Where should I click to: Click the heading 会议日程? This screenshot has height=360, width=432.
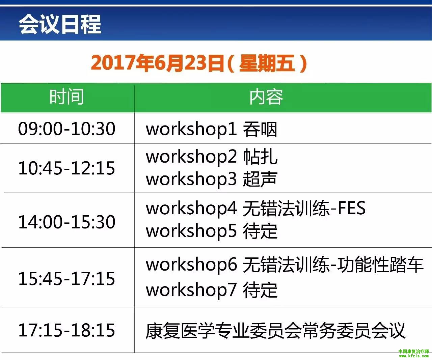pyautogui.click(x=60, y=24)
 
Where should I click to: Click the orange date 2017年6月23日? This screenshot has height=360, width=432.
pyautogui.click(x=158, y=63)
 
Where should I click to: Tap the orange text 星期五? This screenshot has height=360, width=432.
pyautogui.click(x=267, y=63)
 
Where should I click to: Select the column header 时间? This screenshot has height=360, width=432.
pyautogui.click(x=66, y=96)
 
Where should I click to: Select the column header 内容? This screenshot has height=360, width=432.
pyautogui.click(x=266, y=97)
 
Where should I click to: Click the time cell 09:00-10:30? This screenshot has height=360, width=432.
pyautogui.click(x=66, y=129)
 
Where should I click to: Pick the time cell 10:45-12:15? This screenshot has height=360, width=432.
pyautogui.click(x=66, y=168)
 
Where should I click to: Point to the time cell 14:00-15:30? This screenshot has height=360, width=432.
pyautogui.click(x=66, y=222)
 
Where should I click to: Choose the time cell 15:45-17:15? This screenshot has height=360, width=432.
pyautogui.click(x=66, y=278)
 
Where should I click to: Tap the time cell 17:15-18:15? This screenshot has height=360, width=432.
pyautogui.click(x=66, y=330)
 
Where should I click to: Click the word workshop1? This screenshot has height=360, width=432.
pyautogui.click(x=191, y=130)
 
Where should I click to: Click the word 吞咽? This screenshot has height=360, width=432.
pyautogui.click(x=260, y=129)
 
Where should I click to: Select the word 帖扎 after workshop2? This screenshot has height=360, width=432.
pyautogui.click(x=260, y=157)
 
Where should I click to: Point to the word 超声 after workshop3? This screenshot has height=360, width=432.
pyautogui.click(x=260, y=179)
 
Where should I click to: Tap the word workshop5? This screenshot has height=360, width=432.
pyautogui.click(x=191, y=231)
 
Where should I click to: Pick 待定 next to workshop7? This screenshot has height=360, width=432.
pyautogui.click(x=260, y=290)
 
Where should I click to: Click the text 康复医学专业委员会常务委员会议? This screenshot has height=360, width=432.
pyautogui.click(x=275, y=331)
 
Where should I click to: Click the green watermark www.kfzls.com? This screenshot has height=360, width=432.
pyautogui.click(x=414, y=356)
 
